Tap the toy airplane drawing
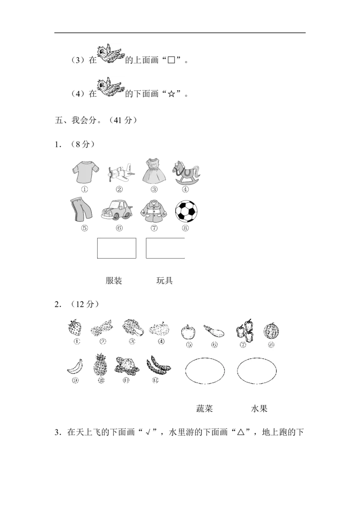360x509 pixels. click(120, 172)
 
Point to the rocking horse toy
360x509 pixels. click(186, 173)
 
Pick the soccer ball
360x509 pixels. click(186, 211)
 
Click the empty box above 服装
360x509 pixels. click(117, 248)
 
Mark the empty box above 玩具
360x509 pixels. click(166, 248)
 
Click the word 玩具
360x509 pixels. click(164, 281)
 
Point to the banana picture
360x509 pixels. click(75, 367)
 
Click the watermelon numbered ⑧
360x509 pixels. click(271, 330)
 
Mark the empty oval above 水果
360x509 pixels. click(256, 358)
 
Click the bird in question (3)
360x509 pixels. click(111, 54)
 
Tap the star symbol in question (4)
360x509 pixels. click(171, 94)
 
